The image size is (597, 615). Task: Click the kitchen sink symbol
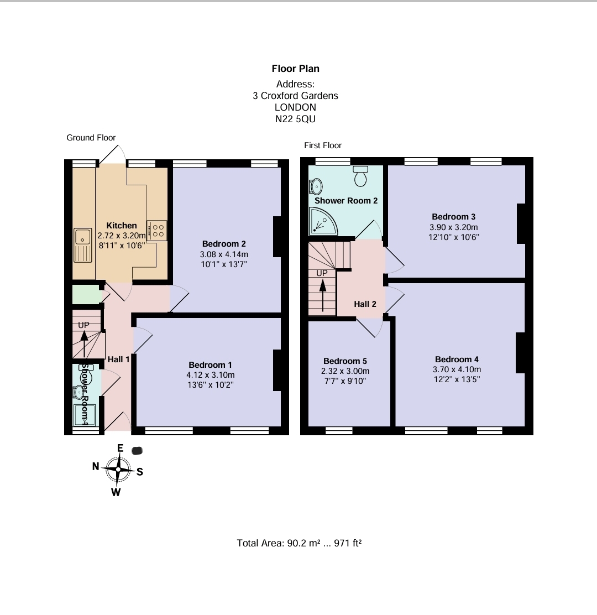point(83,244)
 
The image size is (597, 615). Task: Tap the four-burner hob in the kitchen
point(157,231)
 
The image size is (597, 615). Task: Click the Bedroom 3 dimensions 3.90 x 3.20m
point(454,227)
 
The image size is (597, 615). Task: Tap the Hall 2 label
point(365,304)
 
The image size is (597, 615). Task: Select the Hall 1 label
point(118,359)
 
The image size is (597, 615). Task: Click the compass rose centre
point(118,469)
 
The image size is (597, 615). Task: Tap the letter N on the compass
point(96,467)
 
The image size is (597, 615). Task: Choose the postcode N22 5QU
point(295,119)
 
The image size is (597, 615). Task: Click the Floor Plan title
point(295,69)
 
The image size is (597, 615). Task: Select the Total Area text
point(299,543)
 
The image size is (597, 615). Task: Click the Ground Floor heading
point(91,138)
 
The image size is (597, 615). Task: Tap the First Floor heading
point(323,145)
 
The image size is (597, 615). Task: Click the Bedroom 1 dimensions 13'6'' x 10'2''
point(211,384)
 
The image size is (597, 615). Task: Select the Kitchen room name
point(122,226)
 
